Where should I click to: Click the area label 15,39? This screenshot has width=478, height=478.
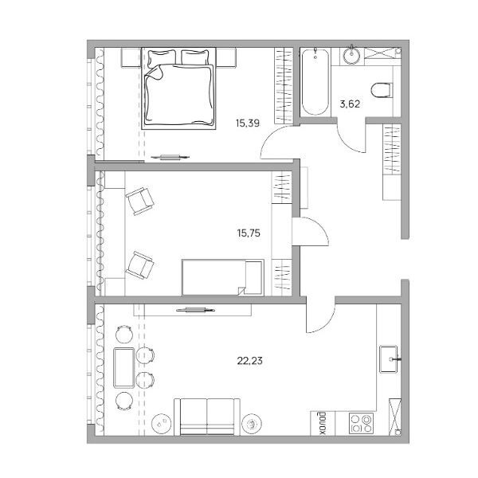pyautogui.click(x=247, y=123)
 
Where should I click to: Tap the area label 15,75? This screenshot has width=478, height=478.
pyautogui.click(x=249, y=233)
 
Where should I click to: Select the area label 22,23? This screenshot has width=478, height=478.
pyautogui.click(x=249, y=361)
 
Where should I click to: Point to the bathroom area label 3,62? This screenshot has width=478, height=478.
pyautogui.click(x=350, y=104)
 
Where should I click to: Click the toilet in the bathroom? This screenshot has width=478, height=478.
pyautogui.click(x=382, y=90)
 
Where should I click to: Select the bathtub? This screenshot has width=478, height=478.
pyautogui.click(x=315, y=82)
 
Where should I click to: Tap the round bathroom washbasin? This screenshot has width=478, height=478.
pyautogui.click(x=352, y=56)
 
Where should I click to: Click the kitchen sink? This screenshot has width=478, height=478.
pyautogui.click(x=389, y=358)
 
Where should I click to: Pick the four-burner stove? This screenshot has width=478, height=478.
pyautogui.click(x=361, y=423)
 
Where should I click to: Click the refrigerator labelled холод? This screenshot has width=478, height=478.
pyautogui.click(x=323, y=423)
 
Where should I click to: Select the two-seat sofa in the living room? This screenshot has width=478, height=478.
pyautogui.click(x=207, y=417)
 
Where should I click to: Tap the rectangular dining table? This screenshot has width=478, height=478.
pyautogui.click(x=123, y=367)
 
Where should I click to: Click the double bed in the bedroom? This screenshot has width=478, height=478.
pyautogui.click(x=178, y=88)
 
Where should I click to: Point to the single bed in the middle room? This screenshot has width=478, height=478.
pyautogui.click(x=222, y=277)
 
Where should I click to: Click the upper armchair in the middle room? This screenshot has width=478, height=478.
pyautogui.click(x=139, y=202)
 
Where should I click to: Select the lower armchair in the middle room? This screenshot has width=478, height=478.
pyautogui.click(x=139, y=265)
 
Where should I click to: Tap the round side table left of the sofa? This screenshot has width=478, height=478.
pyautogui.click(x=161, y=424)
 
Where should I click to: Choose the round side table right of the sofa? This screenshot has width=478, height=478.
pyautogui.click(x=252, y=424)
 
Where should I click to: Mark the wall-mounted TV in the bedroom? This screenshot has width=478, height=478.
pyautogui.click(x=170, y=157)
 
